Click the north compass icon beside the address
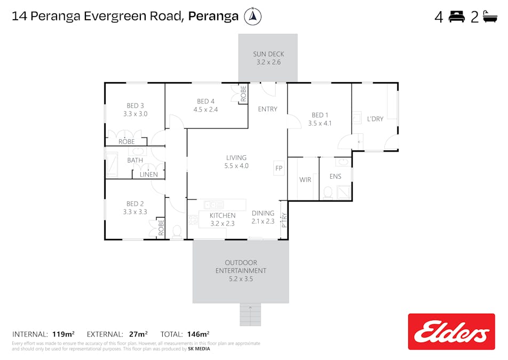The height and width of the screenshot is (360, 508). click(252, 16)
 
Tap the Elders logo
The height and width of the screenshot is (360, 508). click(451, 332)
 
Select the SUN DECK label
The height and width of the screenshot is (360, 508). click(268, 54)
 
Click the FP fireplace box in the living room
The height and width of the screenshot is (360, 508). click(279, 168)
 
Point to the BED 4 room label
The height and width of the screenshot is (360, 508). click(206, 101)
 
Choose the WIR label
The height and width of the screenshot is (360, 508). click(305, 180)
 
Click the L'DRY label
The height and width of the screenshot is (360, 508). click(375, 119)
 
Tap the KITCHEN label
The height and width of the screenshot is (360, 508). click(223, 215)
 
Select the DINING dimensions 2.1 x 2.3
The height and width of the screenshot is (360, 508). click(263, 221)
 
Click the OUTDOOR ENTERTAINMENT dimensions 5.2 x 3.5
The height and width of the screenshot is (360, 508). click(241, 279)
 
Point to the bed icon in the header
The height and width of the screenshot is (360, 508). click(457, 17)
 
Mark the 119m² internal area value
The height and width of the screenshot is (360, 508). click(63, 334)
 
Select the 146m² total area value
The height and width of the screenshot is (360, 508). click(199, 334)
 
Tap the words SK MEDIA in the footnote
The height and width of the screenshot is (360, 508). click(199, 349)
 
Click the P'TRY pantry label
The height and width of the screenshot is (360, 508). click(284, 220)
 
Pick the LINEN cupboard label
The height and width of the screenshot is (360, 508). click(149, 174)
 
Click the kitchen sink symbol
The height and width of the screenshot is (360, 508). click(214, 205)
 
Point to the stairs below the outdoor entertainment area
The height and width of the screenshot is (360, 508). click(250, 314)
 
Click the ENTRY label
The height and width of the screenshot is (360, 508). click(268, 109)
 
